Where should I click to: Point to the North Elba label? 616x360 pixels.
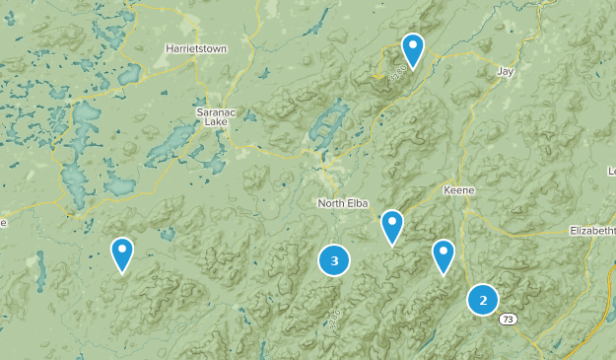(342, 203)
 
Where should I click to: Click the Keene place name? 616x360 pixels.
(458, 189)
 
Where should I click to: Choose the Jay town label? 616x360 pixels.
(506, 71)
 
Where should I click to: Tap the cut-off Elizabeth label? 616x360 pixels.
(592, 230)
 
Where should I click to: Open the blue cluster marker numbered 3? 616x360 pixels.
(334, 260)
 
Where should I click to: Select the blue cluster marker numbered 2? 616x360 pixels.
(482, 300)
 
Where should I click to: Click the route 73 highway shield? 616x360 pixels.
(507, 319)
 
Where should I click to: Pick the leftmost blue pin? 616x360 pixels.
(122, 253)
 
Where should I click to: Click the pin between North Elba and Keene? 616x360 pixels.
(392, 226)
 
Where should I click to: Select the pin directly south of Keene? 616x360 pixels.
(444, 255)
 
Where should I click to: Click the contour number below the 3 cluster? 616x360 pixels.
(332, 317)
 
